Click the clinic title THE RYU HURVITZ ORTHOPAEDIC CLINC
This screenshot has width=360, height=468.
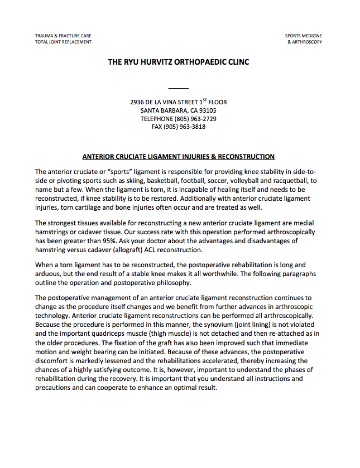click(179, 62)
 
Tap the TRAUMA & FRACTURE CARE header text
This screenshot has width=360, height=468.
click(63, 36)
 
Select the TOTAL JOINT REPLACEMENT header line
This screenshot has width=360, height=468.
click(63, 42)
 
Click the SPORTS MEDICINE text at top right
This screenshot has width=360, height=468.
click(304, 36)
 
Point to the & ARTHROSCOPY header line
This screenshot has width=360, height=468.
click(305, 42)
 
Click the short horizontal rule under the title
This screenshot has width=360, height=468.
click(179, 88)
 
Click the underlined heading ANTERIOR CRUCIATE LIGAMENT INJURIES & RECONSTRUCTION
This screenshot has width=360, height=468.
click(179, 157)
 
